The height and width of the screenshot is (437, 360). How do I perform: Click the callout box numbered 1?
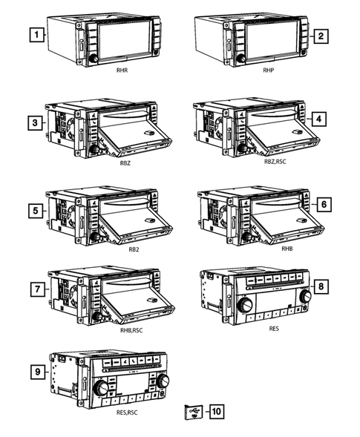click(37, 35)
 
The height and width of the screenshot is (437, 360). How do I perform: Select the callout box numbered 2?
click(321, 36)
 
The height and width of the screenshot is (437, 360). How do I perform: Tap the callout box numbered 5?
click(36, 211)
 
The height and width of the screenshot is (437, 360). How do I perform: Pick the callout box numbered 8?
click(321, 286)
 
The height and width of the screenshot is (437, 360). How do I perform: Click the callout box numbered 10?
click(217, 411)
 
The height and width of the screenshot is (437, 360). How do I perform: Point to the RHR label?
click(122, 70)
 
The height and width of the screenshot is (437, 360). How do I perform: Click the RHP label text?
click(269, 70)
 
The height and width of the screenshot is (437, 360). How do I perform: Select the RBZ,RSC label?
click(275, 161)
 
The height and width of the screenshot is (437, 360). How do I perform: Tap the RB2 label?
click(134, 249)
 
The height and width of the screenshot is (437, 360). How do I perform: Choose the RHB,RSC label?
click(131, 330)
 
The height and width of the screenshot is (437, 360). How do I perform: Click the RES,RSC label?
click(127, 413)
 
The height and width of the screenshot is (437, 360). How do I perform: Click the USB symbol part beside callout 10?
click(194, 413)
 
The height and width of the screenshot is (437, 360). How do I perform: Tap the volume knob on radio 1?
click(93, 59)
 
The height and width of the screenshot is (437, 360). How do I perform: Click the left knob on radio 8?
click(245, 305)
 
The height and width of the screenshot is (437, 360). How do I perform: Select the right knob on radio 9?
click(163, 381)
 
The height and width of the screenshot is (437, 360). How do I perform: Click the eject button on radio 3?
click(154, 108)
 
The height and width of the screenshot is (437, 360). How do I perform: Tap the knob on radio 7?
click(97, 316)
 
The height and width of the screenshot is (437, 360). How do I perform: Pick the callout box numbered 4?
click(318, 119)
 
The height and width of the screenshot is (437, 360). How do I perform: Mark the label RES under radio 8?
click(274, 329)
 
